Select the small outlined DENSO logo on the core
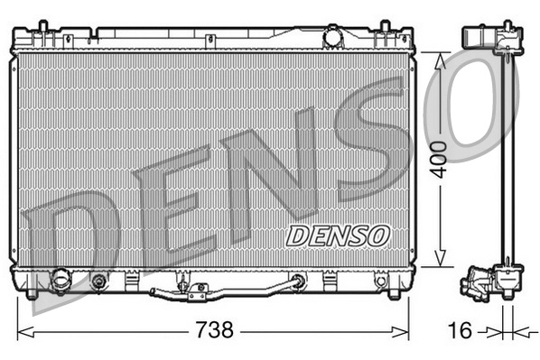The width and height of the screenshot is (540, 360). pos(338,235)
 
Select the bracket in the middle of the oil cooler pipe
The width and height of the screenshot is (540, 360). pos(196,291)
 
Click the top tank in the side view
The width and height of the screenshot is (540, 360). pos(486,38)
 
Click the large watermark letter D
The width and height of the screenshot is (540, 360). pos(68,235)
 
